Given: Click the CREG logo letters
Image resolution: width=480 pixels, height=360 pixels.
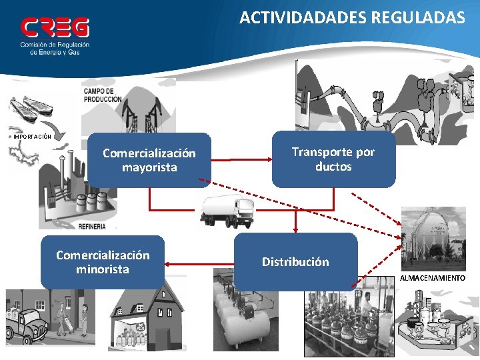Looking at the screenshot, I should point(55,27).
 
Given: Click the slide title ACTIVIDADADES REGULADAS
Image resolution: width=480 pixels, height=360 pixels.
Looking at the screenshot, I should point(352,18).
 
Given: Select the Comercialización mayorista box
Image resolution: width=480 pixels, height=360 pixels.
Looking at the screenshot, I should point(149,160).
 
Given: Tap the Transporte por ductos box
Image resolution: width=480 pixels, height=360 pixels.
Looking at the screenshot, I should point(333,159).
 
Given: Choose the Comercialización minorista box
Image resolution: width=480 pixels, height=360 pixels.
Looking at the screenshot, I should point(103,262).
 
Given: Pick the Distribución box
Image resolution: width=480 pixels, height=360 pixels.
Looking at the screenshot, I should point(295,261).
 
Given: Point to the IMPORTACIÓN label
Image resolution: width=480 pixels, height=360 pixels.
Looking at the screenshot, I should point(32,137).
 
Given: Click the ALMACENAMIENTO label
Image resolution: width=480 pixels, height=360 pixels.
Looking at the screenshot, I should point(433,277).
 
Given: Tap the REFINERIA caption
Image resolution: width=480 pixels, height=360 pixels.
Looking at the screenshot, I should point(92,227).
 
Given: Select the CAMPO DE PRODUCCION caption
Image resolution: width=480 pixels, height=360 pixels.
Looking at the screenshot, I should point(103,95).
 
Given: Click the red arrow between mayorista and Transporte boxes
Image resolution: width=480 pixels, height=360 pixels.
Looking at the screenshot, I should point(241,160).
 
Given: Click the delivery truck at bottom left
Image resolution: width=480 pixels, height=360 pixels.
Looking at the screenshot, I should point(25,327).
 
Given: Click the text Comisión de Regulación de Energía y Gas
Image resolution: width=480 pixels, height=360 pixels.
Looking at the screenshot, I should point(55,48).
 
